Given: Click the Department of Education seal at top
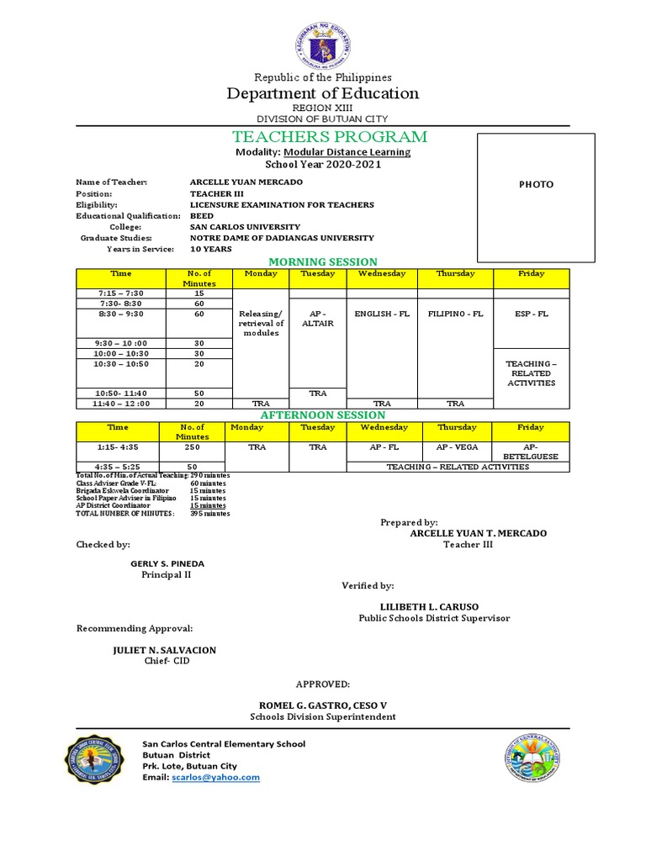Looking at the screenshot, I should pyautogui.click(x=323, y=42).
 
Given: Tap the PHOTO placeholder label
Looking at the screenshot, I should pyautogui.click(x=536, y=184).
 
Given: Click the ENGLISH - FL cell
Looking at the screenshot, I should pyautogui.click(x=382, y=314).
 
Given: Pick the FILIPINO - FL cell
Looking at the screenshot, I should pyautogui.click(x=456, y=314).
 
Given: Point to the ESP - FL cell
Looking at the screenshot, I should pyautogui.click(x=531, y=314).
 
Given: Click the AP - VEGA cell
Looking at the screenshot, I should pyautogui.click(x=456, y=447).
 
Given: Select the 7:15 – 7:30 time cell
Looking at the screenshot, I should pyautogui.click(x=121, y=293).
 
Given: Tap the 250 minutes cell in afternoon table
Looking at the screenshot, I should pyautogui.click(x=193, y=447).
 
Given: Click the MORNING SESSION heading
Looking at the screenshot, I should pyautogui.click(x=323, y=262).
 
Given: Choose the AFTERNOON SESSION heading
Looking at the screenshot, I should pyautogui.click(x=323, y=415).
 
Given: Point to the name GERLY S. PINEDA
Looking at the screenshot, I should pyautogui.click(x=167, y=563).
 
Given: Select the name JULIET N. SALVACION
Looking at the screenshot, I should pyautogui.click(x=164, y=650).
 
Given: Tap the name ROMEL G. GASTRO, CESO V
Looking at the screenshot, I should pyautogui.click(x=322, y=705).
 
